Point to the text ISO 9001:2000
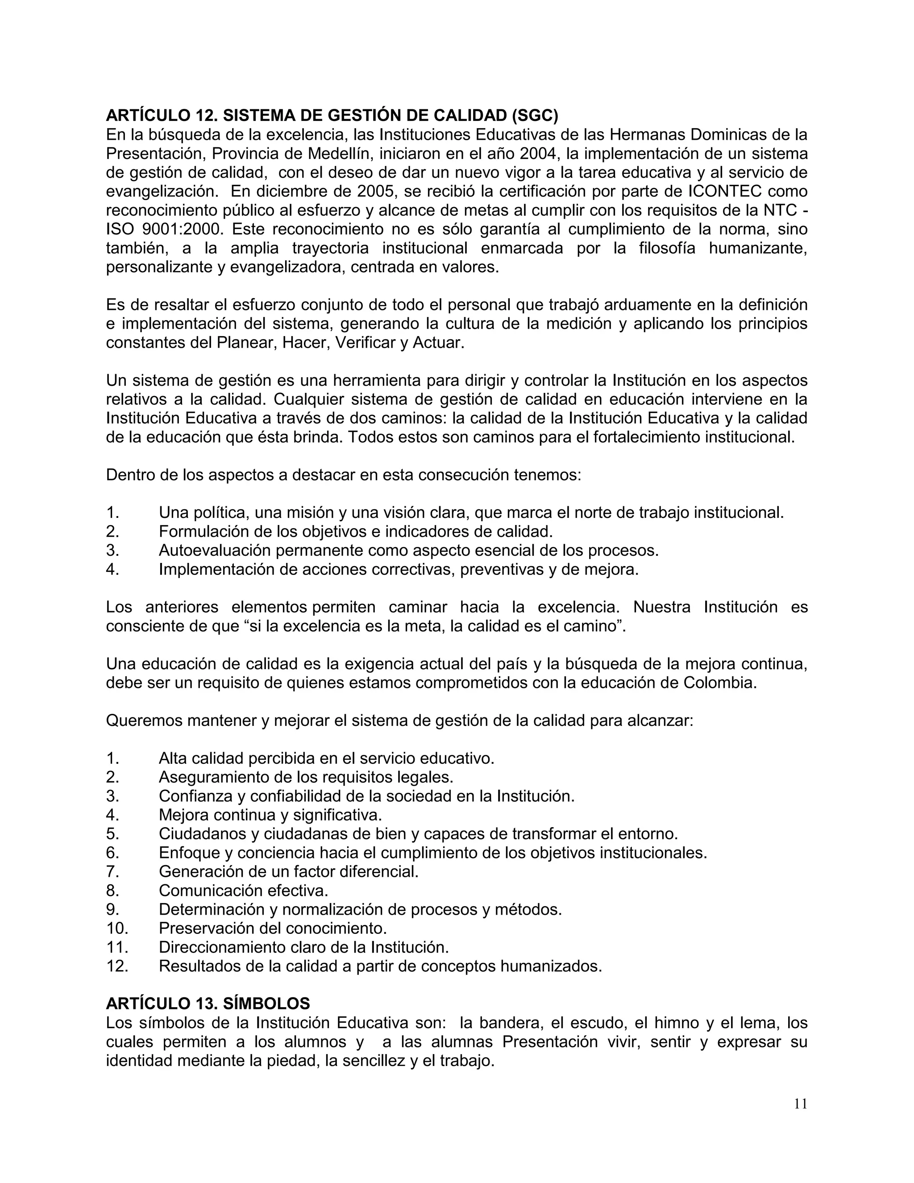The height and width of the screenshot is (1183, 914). click(165, 229)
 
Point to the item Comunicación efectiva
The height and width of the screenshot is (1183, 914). click(243, 891)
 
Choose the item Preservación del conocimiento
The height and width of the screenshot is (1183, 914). click(272, 929)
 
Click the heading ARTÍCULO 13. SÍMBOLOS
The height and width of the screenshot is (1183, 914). click(208, 1004)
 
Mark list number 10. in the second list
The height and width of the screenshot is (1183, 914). click(117, 929)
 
